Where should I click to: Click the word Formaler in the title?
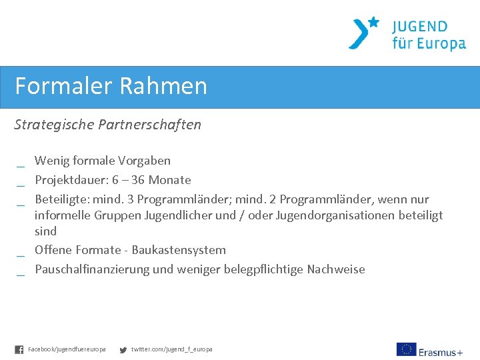(x=64, y=86)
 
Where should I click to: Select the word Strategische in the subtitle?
(x=53, y=125)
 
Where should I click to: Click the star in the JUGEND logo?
(x=373, y=22)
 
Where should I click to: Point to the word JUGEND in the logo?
(x=420, y=27)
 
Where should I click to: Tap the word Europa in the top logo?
(x=439, y=44)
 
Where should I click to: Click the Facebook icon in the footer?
(x=19, y=349)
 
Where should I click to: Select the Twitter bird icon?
(x=123, y=349)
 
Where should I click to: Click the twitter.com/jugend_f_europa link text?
(x=172, y=349)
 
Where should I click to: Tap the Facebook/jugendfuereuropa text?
(x=67, y=349)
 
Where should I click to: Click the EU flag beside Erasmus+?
(x=406, y=349)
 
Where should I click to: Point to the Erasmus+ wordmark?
(x=441, y=351)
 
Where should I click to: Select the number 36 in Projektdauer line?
(x=137, y=180)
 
